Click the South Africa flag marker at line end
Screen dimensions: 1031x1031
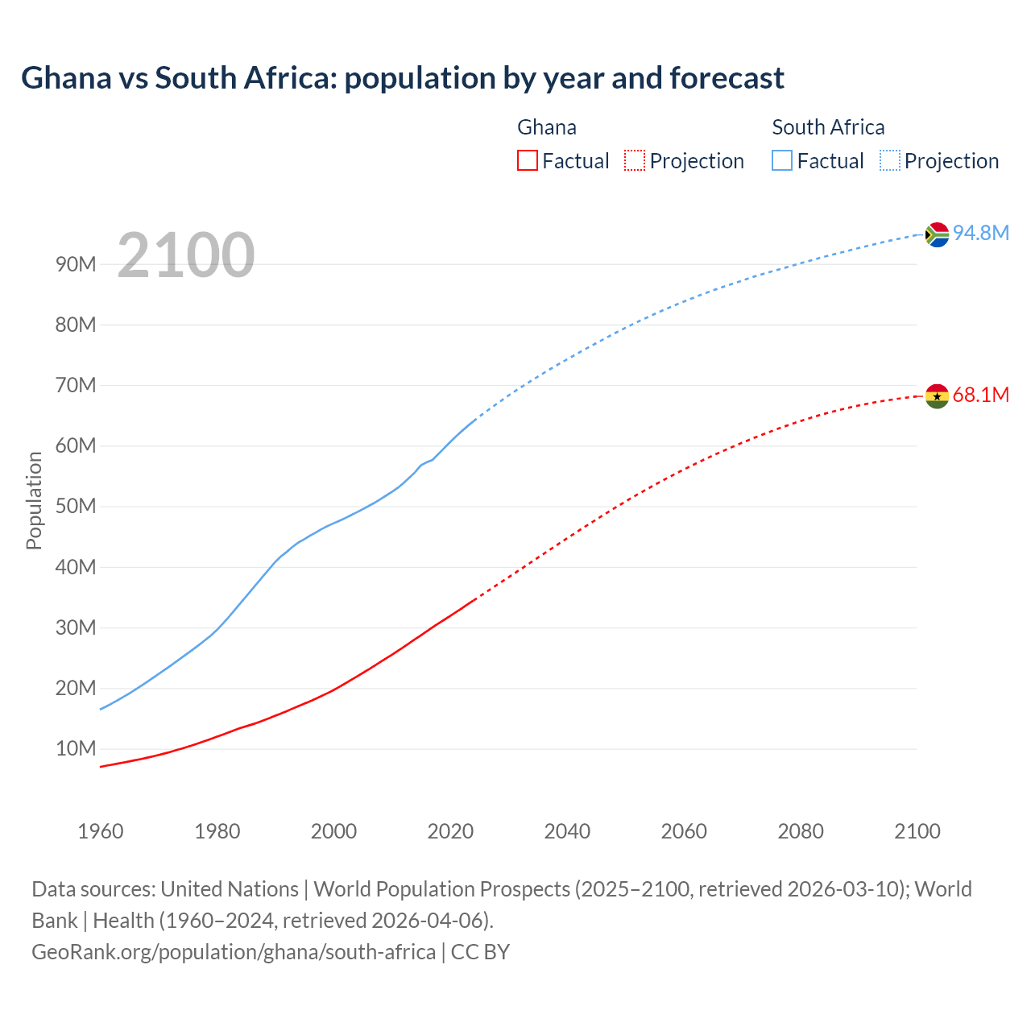pos(937,234)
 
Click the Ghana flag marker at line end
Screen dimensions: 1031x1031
pos(937,396)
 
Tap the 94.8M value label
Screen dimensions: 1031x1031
pos(980,233)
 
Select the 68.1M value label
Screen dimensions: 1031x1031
pos(980,395)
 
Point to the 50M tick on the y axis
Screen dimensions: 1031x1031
pos(76,507)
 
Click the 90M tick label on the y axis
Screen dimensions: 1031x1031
pos(76,264)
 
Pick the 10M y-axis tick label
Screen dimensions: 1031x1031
pos(76,749)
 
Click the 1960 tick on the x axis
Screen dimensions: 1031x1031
pos(101,831)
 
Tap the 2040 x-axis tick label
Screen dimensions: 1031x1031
pos(567,831)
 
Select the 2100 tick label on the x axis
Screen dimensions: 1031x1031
pos(917,831)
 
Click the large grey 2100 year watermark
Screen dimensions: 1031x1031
pos(186,255)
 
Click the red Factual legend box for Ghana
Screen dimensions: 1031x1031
pos(528,160)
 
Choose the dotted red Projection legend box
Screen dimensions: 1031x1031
pos(635,160)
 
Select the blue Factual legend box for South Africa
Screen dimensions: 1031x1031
pos(782,160)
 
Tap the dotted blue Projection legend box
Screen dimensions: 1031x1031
pos(890,160)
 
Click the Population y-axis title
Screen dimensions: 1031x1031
pos(34,500)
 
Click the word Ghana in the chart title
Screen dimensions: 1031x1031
pos(66,78)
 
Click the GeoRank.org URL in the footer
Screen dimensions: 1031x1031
pos(234,952)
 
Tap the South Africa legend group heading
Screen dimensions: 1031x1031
pos(828,127)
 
